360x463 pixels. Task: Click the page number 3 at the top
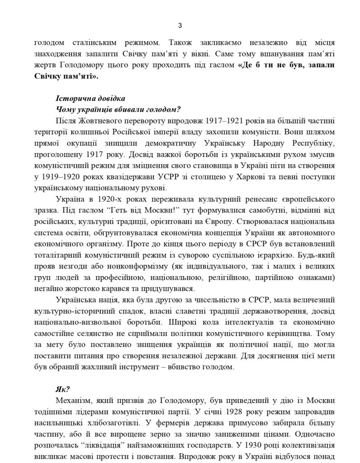click(180, 25)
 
